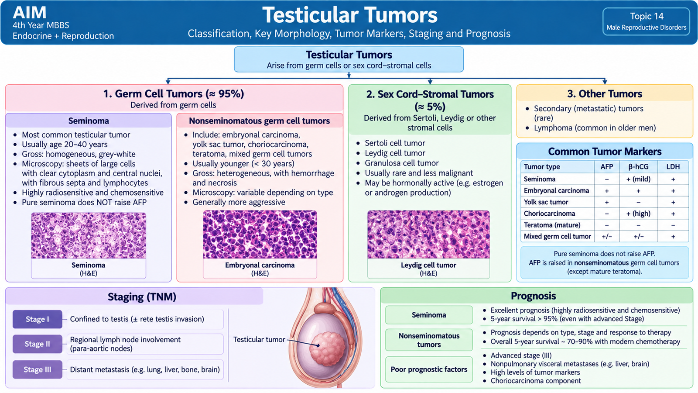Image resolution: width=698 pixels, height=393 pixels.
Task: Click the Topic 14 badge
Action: coord(646,21)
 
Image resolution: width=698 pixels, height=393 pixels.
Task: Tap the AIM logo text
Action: coord(30,13)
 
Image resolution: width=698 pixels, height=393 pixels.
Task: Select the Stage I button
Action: coord(38,319)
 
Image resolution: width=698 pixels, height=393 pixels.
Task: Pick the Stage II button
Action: coord(38,344)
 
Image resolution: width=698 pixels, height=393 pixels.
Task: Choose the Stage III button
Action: coord(38,369)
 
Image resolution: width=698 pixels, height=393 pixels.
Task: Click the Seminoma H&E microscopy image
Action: coord(89,235)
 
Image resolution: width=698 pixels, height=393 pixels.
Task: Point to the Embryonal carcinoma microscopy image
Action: coord(260,234)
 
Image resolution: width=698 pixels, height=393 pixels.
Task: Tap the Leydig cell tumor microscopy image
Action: coord(428,234)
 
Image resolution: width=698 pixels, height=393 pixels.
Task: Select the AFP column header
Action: coord(607,166)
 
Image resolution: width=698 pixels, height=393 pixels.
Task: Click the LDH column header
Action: coord(673,166)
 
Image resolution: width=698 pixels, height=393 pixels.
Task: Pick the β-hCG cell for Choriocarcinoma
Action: coord(639,214)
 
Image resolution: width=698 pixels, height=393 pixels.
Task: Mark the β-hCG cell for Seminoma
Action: coord(639,179)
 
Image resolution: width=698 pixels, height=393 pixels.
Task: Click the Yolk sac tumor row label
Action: coord(546,202)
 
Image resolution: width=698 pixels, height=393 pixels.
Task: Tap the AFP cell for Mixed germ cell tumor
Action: coord(607,236)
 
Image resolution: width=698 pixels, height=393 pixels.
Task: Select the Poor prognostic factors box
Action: coord(429,369)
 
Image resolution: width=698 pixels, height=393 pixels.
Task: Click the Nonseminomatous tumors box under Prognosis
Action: coord(429,340)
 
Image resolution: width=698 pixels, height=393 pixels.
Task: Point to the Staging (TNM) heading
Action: coord(142,296)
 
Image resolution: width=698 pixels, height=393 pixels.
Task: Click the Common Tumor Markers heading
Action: coord(605,152)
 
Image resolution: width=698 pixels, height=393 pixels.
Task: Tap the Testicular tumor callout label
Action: coord(259,339)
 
